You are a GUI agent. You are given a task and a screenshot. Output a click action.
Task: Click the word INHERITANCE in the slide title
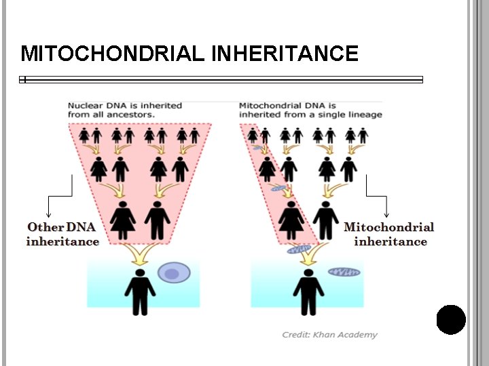[285, 54]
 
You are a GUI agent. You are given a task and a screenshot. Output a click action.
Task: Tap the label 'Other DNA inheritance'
[62, 234]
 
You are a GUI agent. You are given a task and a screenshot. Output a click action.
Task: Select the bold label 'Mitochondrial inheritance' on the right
[390, 234]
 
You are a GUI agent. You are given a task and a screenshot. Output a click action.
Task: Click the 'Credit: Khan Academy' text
[330, 335]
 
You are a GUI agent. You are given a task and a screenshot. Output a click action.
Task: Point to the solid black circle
[451, 320]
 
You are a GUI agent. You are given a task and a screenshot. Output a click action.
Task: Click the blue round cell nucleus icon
[173, 274]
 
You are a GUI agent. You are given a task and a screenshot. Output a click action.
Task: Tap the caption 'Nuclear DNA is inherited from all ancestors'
[124, 110]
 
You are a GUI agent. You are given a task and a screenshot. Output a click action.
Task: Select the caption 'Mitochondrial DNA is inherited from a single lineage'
[310, 110]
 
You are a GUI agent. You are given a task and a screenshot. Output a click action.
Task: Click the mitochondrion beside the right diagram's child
[344, 272]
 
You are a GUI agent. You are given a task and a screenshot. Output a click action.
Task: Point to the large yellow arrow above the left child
[141, 253]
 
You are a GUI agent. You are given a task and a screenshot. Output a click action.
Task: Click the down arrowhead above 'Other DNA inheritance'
[48, 214]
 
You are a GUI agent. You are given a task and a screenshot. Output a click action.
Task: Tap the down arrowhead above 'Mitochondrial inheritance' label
[386, 214]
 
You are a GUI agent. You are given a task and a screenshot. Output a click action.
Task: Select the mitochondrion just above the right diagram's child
[300, 249]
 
